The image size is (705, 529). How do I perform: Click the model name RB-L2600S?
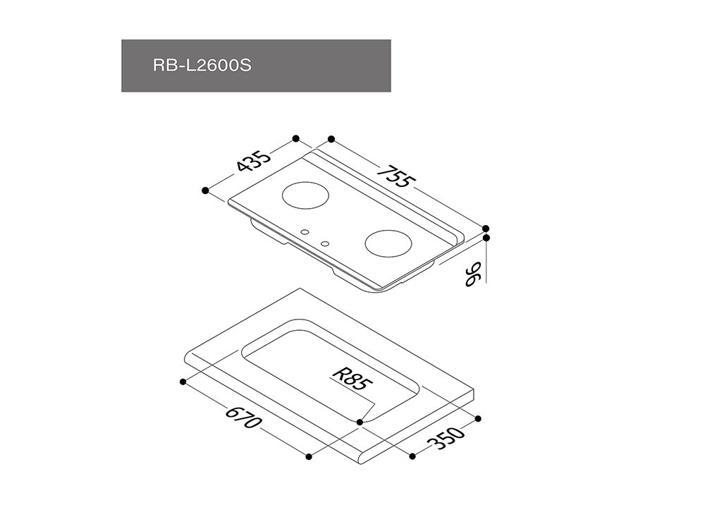pyautogui.click(x=202, y=66)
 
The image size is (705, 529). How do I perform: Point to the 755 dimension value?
pyautogui.click(x=394, y=176)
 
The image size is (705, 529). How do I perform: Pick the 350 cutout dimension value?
pyautogui.click(x=445, y=438)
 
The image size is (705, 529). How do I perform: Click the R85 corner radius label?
pyautogui.click(x=352, y=379)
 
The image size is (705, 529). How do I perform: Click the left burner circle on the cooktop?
pyautogui.click(x=305, y=195)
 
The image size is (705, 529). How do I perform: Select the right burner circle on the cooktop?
pyautogui.click(x=388, y=244)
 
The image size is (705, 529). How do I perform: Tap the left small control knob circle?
pyautogui.click(x=305, y=232)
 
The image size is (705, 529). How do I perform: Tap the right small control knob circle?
pyautogui.click(x=325, y=244)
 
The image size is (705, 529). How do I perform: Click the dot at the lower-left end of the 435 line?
pyautogui.click(x=205, y=190)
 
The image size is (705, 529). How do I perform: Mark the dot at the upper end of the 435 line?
pyautogui.click(x=296, y=138)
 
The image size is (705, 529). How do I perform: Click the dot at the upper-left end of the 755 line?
pyautogui.click(x=331, y=139)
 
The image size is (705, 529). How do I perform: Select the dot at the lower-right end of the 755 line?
pyautogui.click(x=486, y=229)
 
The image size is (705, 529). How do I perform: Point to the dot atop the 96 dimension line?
pyautogui.click(x=486, y=238)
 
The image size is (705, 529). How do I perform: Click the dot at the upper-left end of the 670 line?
pyautogui.click(x=183, y=382)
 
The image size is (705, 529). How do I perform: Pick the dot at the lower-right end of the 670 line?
pyautogui.click(x=309, y=457)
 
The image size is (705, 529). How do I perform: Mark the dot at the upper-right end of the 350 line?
pyautogui.click(x=478, y=419)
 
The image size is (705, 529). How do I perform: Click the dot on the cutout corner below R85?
pyautogui.click(x=360, y=422)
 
